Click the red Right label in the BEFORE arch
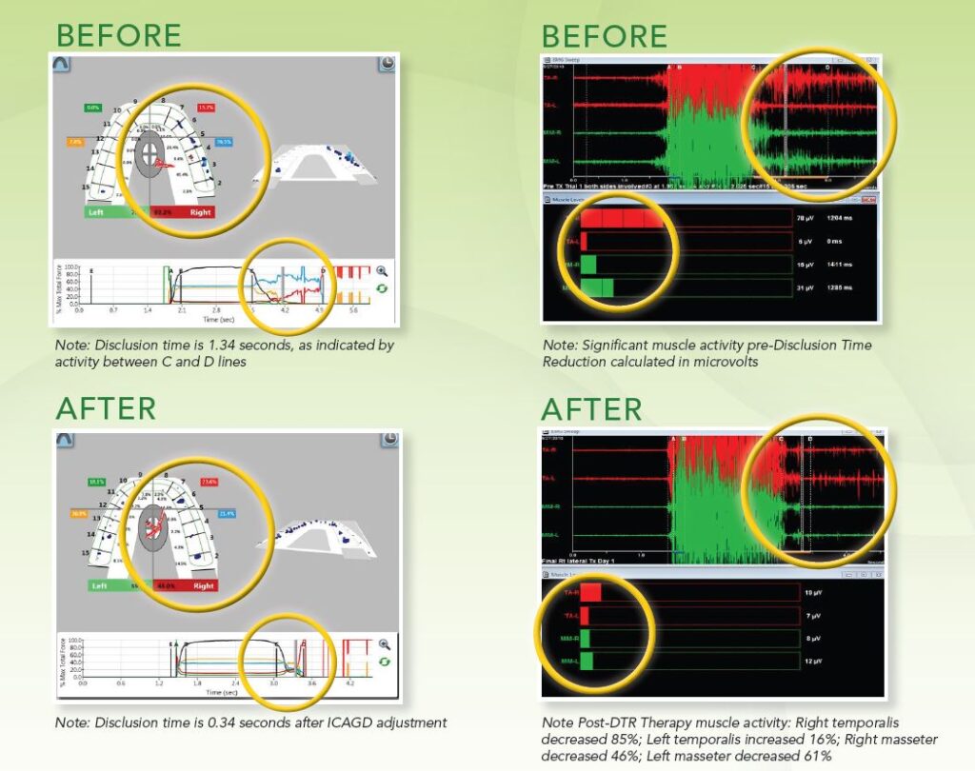(200, 213)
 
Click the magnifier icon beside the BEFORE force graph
(382, 271)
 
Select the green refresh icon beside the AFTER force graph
(384, 661)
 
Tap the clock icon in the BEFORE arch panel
(388, 64)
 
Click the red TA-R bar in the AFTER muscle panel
(590, 592)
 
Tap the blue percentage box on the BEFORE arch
(224, 142)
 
